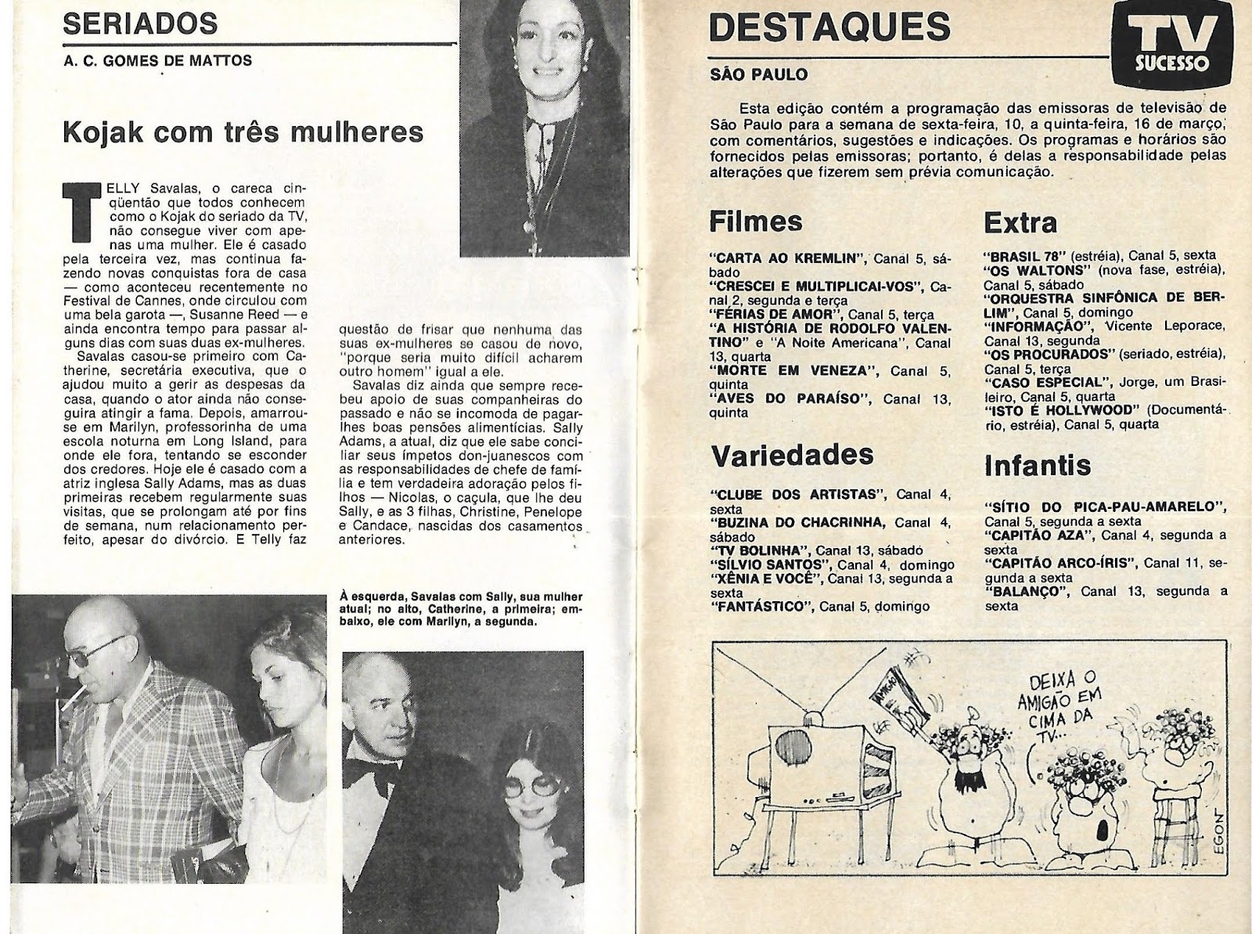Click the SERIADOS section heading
(140, 23)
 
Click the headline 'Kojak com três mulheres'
(243, 131)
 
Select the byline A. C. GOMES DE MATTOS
(157, 60)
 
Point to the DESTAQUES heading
(829, 27)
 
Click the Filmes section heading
(755, 222)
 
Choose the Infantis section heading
(1036, 465)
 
